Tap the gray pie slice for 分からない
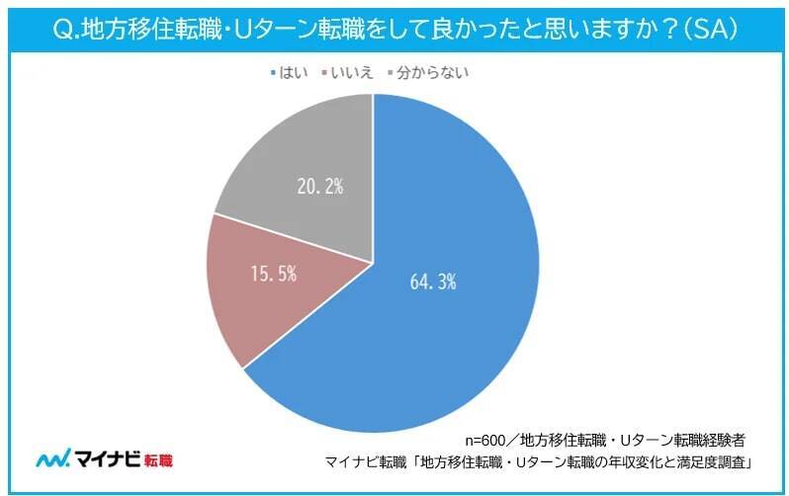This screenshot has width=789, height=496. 297,168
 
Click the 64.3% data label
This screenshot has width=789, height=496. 432,282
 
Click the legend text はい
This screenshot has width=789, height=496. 289,72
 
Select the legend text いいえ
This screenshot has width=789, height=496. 345,72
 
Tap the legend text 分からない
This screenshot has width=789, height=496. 433,72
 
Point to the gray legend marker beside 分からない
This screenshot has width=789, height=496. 391,72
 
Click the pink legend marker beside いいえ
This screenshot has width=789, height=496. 318,72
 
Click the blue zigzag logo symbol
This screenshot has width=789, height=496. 50,460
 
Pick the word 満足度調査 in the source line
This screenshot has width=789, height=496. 713,460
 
